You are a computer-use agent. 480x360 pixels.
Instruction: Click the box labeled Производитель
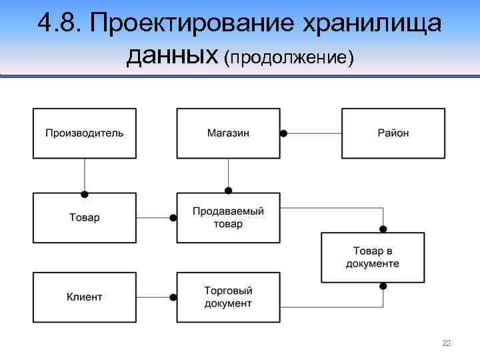(85, 133)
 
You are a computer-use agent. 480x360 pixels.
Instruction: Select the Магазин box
(228, 133)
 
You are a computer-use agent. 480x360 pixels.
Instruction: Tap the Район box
(393, 133)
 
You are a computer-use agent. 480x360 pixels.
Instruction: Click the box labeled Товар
(85, 218)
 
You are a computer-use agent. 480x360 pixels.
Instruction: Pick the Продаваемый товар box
(228, 218)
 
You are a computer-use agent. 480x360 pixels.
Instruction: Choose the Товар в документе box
(373, 257)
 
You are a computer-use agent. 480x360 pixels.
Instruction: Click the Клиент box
(85, 297)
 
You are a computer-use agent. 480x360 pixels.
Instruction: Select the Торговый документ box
(228, 297)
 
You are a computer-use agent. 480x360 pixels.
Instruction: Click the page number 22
(447, 343)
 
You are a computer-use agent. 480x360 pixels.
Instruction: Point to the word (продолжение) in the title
(289, 59)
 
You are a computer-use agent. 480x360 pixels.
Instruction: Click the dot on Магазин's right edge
(283, 133)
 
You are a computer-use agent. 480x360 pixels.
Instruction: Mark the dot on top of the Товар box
(85, 194)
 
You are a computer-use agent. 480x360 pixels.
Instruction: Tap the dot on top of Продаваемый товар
(228, 190)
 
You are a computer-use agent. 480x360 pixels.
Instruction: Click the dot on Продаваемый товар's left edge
(173, 218)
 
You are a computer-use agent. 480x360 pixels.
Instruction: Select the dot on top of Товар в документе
(383, 229)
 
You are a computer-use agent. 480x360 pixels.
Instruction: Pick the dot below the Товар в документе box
(383, 286)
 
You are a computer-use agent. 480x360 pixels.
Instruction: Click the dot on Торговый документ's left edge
(173, 297)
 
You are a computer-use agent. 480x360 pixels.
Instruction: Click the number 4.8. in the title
(61, 24)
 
